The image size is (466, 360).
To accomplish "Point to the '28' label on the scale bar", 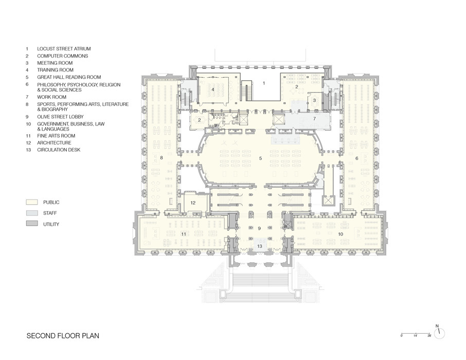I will [428, 336].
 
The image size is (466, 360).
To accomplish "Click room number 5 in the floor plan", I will [260, 158].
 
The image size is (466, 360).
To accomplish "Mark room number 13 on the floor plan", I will [260, 247].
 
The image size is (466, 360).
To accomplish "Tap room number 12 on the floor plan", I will [193, 203].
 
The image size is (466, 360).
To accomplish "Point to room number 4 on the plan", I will [212, 89].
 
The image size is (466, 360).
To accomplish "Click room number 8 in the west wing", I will [162, 157].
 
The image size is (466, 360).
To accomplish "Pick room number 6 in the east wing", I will [357, 158].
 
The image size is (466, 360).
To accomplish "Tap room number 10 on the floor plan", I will [340, 234].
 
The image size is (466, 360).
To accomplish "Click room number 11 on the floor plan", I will [183, 234].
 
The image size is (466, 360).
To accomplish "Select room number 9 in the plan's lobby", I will [259, 228].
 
